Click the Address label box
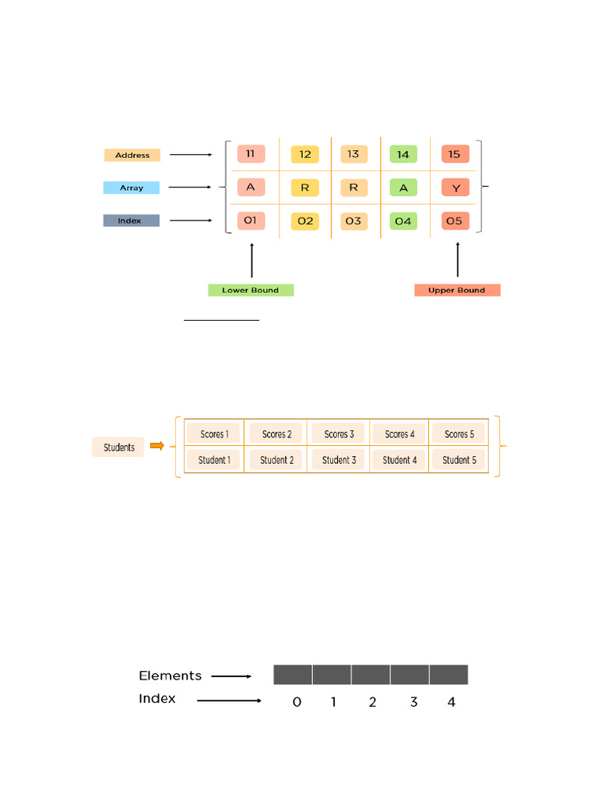[x=132, y=155]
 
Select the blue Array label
[x=132, y=188]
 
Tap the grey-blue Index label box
[x=131, y=221]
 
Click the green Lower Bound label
[x=251, y=290]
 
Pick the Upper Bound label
[x=457, y=290]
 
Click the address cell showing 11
[x=250, y=154]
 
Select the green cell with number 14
[x=403, y=155]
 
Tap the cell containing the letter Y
[x=456, y=188]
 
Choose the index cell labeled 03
[x=354, y=221]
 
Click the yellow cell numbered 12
[x=304, y=155]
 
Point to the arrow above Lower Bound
[x=252, y=261]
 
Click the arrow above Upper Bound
[x=457, y=261]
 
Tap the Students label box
[x=118, y=448]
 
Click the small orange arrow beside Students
[x=157, y=446]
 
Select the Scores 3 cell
[x=339, y=434]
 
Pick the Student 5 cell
[x=459, y=460]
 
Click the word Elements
[x=170, y=676]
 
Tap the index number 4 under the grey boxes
[x=452, y=702]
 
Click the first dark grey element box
[x=293, y=675]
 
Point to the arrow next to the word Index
[x=229, y=700]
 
